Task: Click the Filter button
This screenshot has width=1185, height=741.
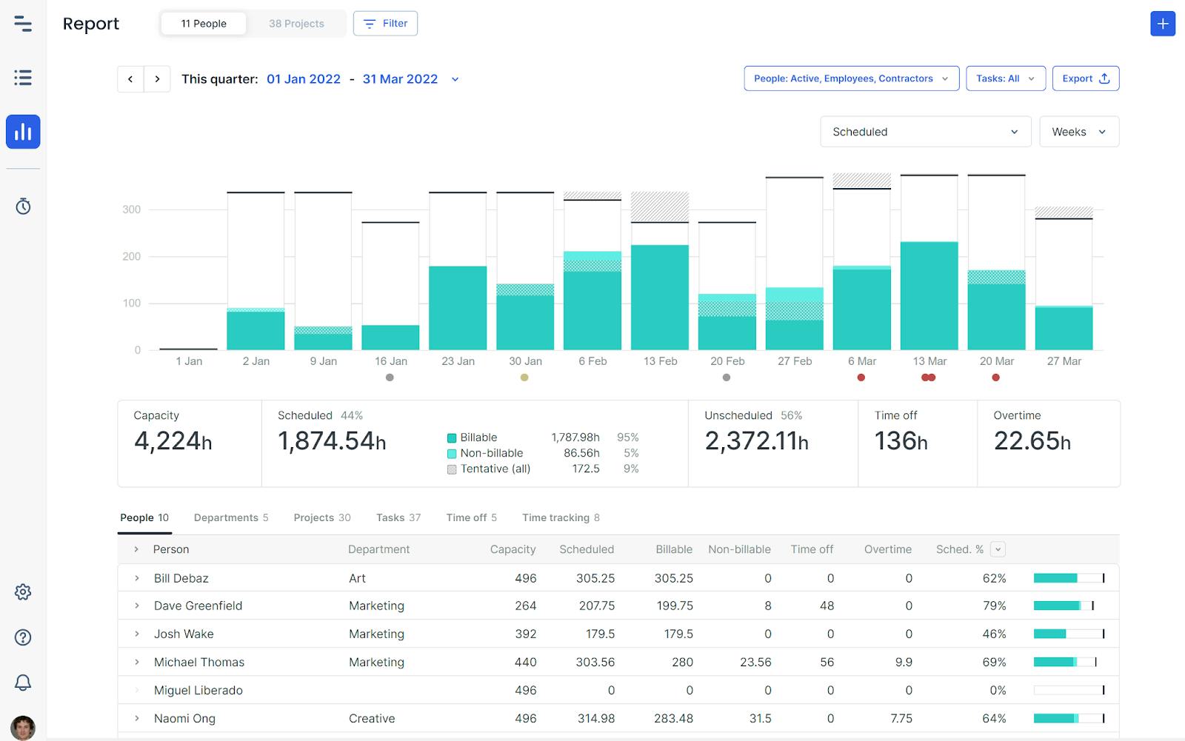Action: tap(385, 24)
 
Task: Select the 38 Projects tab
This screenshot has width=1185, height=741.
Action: tap(296, 24)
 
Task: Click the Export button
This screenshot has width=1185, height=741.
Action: tap(1085, 78)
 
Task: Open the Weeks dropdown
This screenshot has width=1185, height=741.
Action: tap(1078, 132)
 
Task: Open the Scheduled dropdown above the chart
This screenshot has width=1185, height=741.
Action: tap(925, 132)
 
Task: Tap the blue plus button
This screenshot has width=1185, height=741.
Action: tap(1162, 24)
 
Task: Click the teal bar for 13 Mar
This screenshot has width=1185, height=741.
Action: tap(929, 296)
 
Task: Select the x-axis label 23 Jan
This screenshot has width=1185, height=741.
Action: tap(458, 361)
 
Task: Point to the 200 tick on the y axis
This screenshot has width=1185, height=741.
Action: tap(131, 256)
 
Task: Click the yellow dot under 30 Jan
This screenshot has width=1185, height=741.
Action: tap(524, 378)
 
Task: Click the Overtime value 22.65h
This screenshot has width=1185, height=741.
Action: tap(1032, 441)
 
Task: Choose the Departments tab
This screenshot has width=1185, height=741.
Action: tap(230, 517)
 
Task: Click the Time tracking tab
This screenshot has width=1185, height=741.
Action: tap(560, 517)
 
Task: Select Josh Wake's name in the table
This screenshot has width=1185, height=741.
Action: tap(184, 634)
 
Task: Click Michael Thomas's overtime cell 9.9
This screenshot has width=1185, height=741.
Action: tap(903, 662)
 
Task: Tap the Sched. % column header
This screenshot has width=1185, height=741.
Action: tap(959, 549)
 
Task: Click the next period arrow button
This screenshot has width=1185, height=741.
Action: tap(157, 79)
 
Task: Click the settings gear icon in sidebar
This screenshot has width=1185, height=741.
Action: tap(23, 592)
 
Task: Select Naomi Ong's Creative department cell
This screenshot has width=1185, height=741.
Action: tap(372, 718)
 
